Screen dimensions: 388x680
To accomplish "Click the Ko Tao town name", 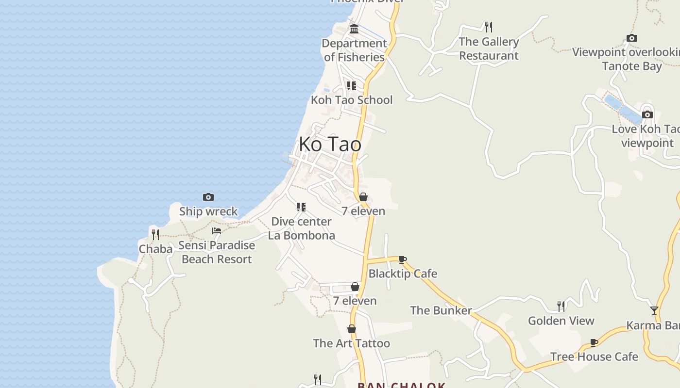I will pyautogui.click(x=330, y=145).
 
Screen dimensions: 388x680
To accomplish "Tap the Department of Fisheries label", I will pyautogui.click(x=354, y=50).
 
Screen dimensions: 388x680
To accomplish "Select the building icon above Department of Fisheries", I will pyautogui.click(x=354, y=29).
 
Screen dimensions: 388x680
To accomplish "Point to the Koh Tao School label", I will pyautogui.click(x=352, y=100).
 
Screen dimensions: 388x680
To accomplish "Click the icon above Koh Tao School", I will pyautogui.click(x=352, y=86).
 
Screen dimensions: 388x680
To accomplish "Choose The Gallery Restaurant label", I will pyautogui.click(x=489, y=48).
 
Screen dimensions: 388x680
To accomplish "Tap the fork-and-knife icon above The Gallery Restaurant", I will pyautogui.click(x=489, y=26).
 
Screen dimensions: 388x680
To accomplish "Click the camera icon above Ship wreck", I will pyautogui.click(x=208, y=197).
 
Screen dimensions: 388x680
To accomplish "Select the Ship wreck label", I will pyautogui.click(x=208, y=211).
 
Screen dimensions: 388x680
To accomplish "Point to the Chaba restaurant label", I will pyautogui.click(x=155, y=249).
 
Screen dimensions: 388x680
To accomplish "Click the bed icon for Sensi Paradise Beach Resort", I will pyautogui.click(x=217, y=231).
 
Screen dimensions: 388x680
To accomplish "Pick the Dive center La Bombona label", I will pyautogui.click(x=301, y=228).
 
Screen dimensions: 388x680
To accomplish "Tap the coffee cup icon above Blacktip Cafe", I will pyautogui.click(x=403, y=259).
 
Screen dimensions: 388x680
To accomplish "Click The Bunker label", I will pyautogui.click(x=441, y=310).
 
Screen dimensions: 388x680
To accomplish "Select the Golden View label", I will pyautogui.click(x=561, y=321).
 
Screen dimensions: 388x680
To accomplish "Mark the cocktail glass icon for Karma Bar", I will pyautogui.click(x=654, y=311).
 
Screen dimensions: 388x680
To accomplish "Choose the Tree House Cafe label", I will pyautogui.click(x=594, y=357).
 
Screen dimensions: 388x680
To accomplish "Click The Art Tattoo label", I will pyautogui.click(x=351, y=343).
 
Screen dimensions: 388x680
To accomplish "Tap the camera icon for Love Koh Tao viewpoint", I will pyautogui.click(x=647, y=115).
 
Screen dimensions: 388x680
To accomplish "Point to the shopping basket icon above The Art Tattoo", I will pyautogui.click(x=352, y=329).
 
